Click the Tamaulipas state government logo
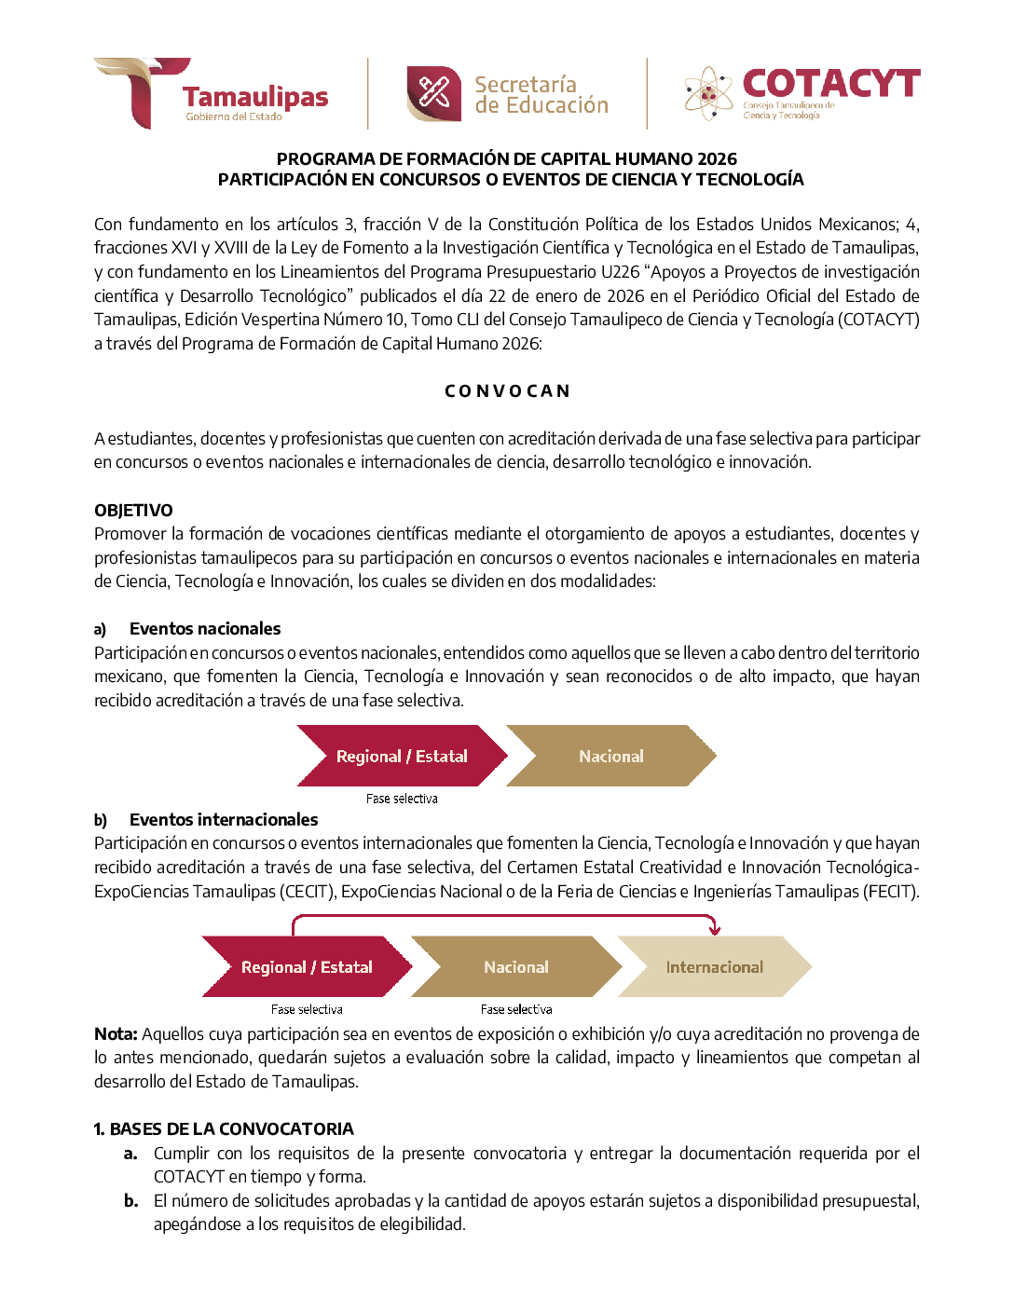tap(211, 93)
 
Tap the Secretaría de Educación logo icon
tap(433, 93)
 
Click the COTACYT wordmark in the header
tap(830, 84)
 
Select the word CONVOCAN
tap(507, 391)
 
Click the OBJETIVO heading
tap(133, 511)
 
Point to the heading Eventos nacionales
tap(205, 629)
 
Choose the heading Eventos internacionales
tap(224, 820)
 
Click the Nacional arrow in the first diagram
tap(611, 757)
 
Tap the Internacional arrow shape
tap(714, 967)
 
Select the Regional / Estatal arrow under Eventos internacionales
tap(307, 967)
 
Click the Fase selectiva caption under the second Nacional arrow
tap(516, 1009)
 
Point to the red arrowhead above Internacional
tap(714, 929)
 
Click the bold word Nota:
tap(116, 1034)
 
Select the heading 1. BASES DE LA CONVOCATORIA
tap(224, 1129)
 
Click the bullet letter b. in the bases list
tap(131, 1201)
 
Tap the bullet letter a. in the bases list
tap(131, 1154)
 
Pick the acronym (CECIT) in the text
tap(308, 892)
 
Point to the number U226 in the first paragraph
tap(620, 272)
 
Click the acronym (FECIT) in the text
tap(891, 892)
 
